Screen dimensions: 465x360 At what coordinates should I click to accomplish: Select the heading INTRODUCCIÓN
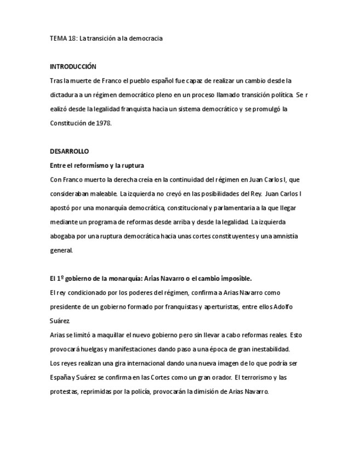point(73,67)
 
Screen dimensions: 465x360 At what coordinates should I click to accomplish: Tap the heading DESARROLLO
point(69,151)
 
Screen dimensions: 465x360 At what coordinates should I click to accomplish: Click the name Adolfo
point(282,307)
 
